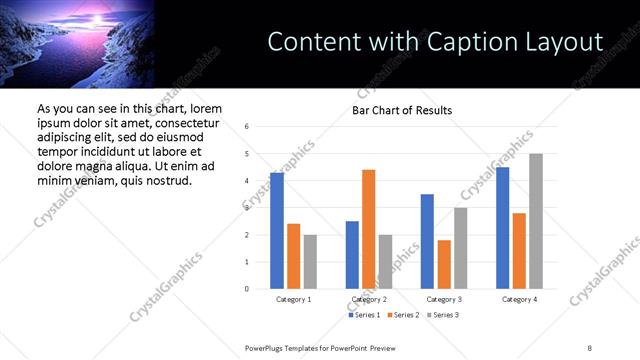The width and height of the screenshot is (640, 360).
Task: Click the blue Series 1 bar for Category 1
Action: click(x=277, y=231)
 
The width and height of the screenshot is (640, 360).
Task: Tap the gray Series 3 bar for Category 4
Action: click(x=536, y=221)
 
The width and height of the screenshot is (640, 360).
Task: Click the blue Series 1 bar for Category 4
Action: click(x=502, y=228)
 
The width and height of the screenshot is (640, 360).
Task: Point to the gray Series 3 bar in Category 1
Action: click(x=310, y=262)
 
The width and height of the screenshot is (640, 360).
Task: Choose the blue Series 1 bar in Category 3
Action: click(x=427, y=241)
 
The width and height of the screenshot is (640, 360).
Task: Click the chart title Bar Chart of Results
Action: click(x=402, y=110)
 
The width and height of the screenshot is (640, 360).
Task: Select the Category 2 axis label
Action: click(x=368, y=299)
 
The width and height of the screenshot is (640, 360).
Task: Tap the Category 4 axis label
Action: click(x=519, y=299)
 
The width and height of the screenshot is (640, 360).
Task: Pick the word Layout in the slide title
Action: click(x=566, y=42)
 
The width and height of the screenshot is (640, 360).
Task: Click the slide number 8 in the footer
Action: click(x=589, y=346)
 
